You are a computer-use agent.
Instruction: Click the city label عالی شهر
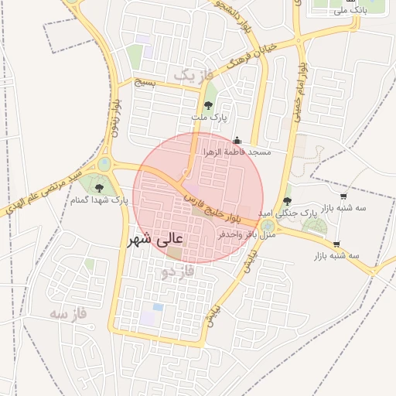click(160, 241)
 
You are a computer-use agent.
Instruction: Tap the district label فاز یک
click(192, 75)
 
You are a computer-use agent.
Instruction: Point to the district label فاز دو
click(178, 272)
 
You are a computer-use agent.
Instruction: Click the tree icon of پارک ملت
click(208, 105)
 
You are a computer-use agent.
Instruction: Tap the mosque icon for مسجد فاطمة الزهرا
click(237, 141)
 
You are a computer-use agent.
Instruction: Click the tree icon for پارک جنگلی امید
click(288, 200)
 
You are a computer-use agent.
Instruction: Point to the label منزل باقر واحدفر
click(247, 233)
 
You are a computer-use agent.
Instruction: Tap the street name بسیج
click(145, 82)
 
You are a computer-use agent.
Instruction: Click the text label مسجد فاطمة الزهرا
click(237, 152)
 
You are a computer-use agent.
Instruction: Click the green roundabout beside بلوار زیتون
click(104, 163)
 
